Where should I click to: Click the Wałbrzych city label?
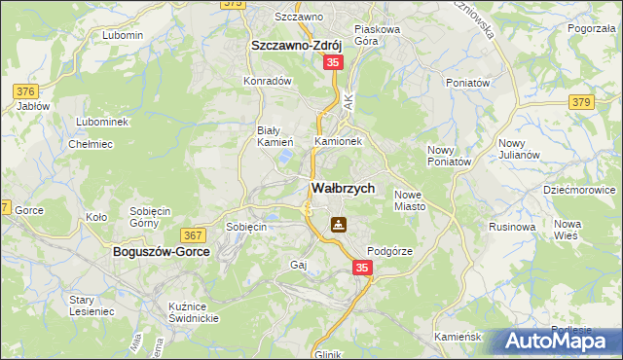click(342, 188)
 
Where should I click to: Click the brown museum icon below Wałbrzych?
click(337, 225)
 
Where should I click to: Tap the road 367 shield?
click(192, 234)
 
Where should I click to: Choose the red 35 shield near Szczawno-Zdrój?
click(333, 62)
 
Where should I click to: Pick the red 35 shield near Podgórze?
click(362, 267)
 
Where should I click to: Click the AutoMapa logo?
click(559, 341)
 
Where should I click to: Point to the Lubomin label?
click(122, 35)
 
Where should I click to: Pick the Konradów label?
click(269, 81)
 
